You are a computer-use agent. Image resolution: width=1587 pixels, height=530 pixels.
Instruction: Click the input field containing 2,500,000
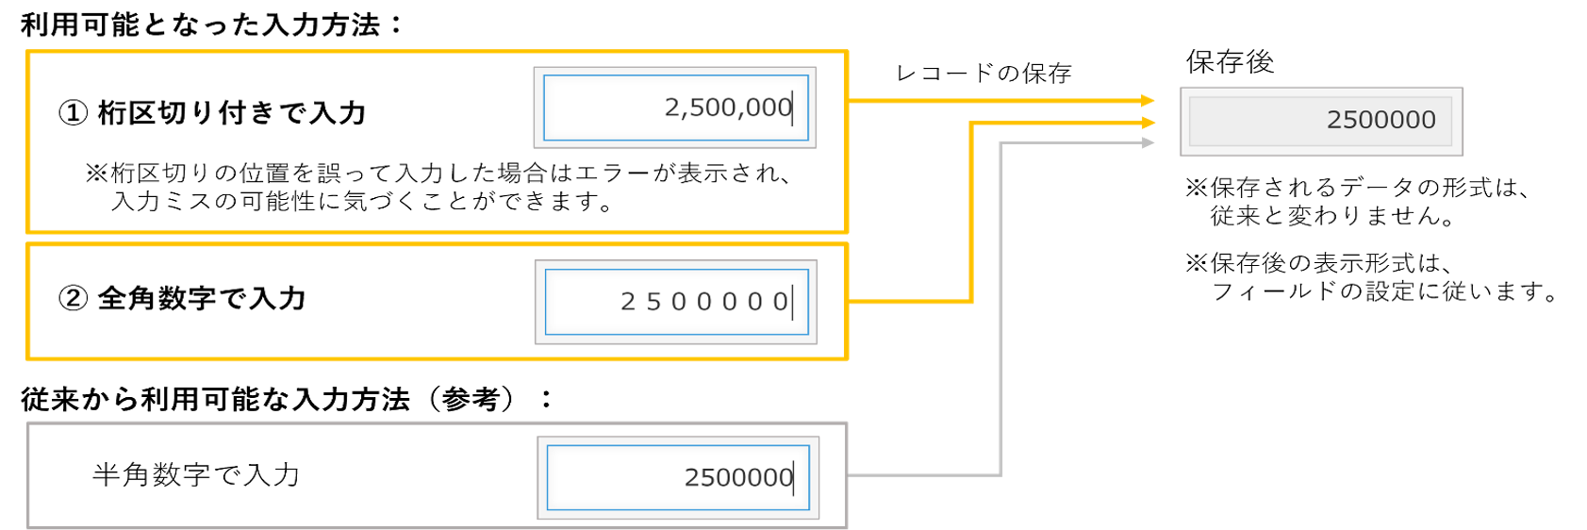(x=675, y=108)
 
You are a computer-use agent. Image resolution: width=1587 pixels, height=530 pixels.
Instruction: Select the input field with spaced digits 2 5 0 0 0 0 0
(x=676, y=302)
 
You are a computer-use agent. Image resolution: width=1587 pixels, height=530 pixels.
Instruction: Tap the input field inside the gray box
(x=678, y=477)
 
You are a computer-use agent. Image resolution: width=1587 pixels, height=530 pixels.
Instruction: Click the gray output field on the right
(x=1320, y=121)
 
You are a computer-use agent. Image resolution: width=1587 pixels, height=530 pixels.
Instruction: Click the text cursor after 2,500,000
(x=793, y=108)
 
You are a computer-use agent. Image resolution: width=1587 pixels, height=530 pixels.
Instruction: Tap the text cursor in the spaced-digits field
(x=792, y=302)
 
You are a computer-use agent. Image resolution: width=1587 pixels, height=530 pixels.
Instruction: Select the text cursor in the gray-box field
(x=794, y=477)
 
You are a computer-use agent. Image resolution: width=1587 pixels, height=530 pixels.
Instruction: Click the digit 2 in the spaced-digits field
(x=628, y=302)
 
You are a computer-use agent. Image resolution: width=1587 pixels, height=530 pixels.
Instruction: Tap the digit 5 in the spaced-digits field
(x=653, y=302)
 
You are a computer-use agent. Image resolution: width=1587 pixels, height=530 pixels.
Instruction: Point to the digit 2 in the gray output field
(x=1334, y=120)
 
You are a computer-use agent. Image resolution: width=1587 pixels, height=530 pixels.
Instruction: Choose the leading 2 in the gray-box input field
(x=691, y=477)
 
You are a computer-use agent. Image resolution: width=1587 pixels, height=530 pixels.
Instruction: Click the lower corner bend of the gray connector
(x=1000, y=474)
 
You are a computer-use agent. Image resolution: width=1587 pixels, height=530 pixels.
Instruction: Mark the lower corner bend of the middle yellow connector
(x=971, y=302)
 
